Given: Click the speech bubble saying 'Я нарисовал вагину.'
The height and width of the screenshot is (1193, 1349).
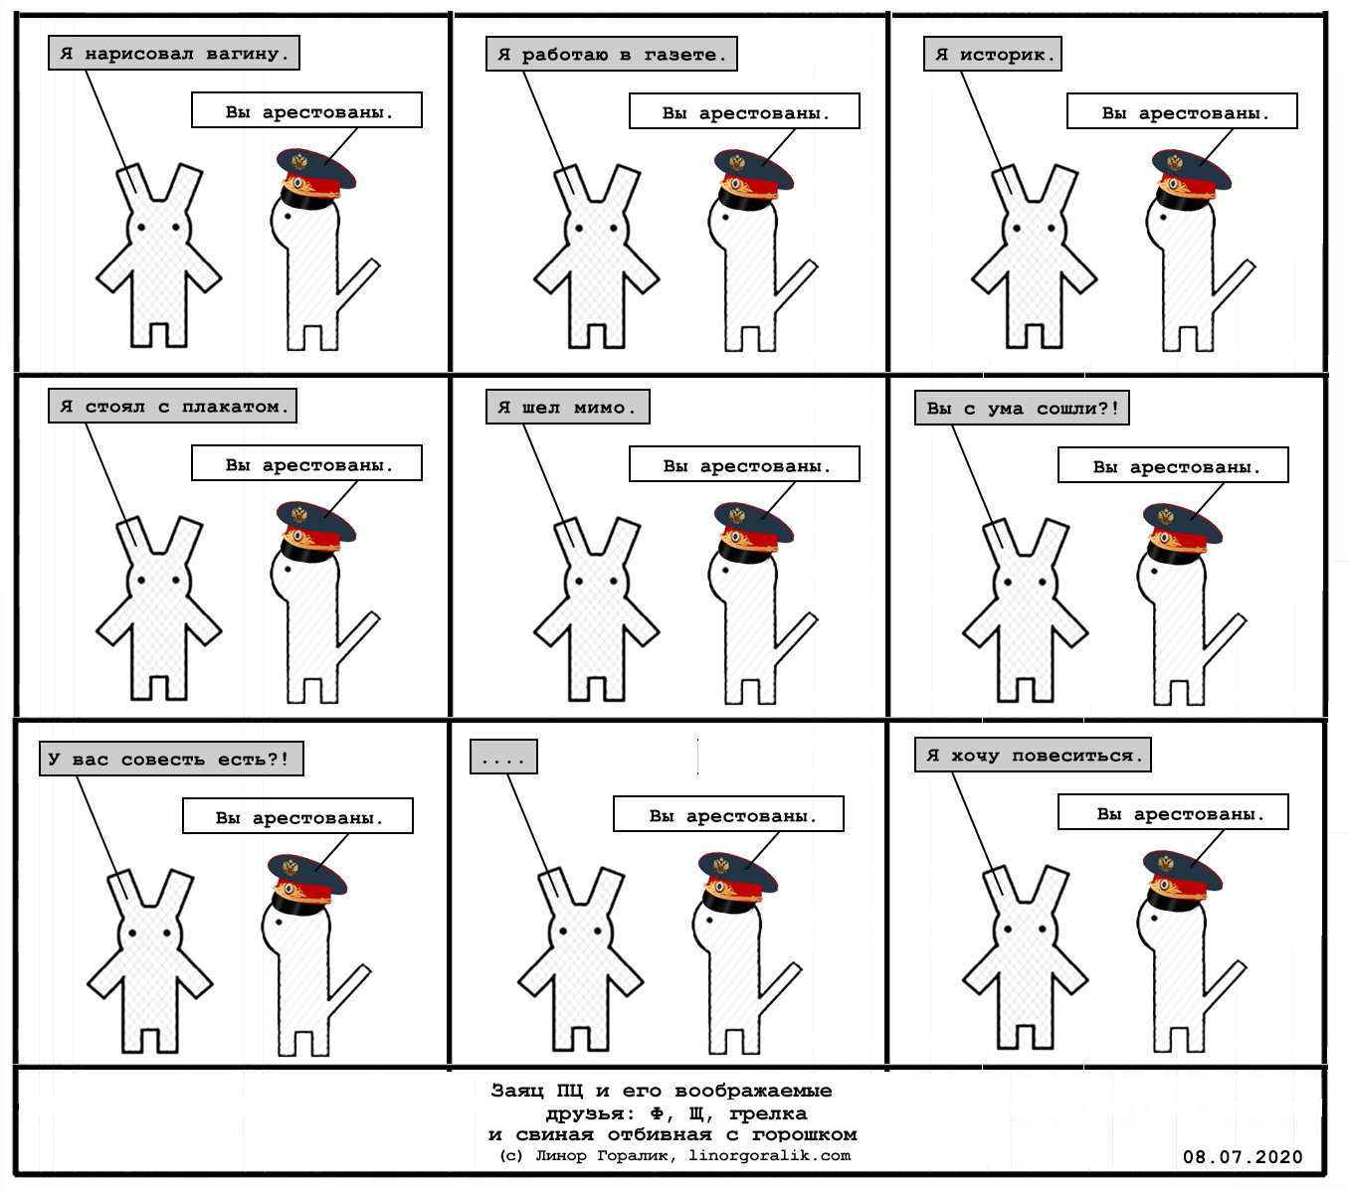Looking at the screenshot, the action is click(174, 53).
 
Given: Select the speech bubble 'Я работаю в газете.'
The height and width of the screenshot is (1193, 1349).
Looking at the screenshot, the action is click(611, 54).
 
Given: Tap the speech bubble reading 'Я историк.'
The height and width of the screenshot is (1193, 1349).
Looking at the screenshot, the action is click(992, 54).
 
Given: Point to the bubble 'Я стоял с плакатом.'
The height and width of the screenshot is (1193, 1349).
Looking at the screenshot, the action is click(172, 406).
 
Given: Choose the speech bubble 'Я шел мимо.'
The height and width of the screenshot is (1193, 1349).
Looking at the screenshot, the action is click(567, 407).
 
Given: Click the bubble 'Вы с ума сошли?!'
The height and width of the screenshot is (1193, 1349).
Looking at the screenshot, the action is click(1022, 408).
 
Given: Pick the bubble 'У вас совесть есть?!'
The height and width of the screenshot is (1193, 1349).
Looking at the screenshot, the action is click(171, 759).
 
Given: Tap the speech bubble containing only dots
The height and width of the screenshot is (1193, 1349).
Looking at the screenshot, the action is click(503, 757).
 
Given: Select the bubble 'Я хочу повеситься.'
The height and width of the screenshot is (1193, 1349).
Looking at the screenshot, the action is click(1033, 755).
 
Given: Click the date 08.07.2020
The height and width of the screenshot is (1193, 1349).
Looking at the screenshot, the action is click(1243, 1156).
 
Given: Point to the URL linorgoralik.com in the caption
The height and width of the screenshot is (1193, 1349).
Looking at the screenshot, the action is click(769, 1155).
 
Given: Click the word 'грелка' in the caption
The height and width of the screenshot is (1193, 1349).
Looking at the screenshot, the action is click(768, 1113).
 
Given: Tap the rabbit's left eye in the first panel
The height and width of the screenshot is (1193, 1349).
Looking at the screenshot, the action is click(141, 227).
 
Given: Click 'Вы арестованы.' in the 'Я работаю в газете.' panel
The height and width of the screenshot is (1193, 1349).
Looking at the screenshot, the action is click(745, 112).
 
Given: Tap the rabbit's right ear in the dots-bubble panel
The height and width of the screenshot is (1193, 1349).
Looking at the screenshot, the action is click(607, 888).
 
